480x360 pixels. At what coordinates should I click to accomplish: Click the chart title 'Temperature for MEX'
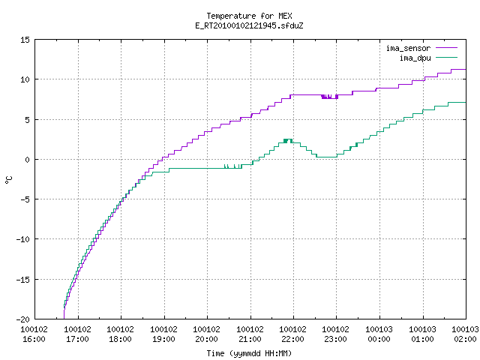(249, 16)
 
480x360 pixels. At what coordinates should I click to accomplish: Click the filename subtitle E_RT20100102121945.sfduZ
(249, 25)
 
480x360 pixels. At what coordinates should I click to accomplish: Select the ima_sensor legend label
(408, 48)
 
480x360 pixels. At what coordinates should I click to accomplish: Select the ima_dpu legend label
(415, 58)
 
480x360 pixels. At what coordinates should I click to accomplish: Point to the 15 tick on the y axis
(25, 40)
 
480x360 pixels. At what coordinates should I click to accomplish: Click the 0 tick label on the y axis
(27, 160)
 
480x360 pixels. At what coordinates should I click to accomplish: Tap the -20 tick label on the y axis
(22, 319)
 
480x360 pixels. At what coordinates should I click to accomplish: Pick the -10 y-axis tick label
(22, 239)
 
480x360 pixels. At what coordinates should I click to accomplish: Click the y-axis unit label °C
(8, 180)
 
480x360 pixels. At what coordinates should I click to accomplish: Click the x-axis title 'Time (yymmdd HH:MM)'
(249, 353)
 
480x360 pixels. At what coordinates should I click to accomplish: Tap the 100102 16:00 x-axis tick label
(34, 334)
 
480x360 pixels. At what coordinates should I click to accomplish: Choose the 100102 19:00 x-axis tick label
(163, 334)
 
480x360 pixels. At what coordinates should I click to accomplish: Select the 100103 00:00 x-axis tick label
(379, 334)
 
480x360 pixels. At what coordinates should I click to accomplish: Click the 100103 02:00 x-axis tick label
(465, 334)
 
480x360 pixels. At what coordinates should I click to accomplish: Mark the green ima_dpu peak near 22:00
(288, 139)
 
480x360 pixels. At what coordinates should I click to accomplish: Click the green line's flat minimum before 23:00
(327, 157)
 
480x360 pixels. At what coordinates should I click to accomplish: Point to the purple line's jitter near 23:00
(330, 97)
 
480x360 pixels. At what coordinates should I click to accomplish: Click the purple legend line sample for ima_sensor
(447, 48)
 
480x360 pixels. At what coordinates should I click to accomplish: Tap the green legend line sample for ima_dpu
(447, 58)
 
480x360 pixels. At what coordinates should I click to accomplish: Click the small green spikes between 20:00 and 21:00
(233, 166)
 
